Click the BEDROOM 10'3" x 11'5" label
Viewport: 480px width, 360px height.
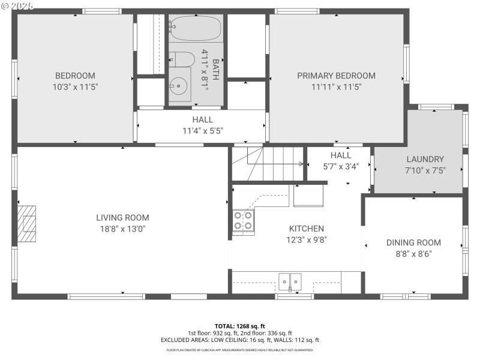(x=75, y=81)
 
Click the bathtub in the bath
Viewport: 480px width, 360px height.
(x=195, y=28)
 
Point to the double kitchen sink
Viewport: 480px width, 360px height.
(x=290, y=281)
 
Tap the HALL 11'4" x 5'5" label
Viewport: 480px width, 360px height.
(x=202, y=125)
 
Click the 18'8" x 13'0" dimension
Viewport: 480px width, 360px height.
(x=122, y=229)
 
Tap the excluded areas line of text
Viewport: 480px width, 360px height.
(x=239, y=340)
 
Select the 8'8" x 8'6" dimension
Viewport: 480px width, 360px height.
(x=413, y=253)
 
